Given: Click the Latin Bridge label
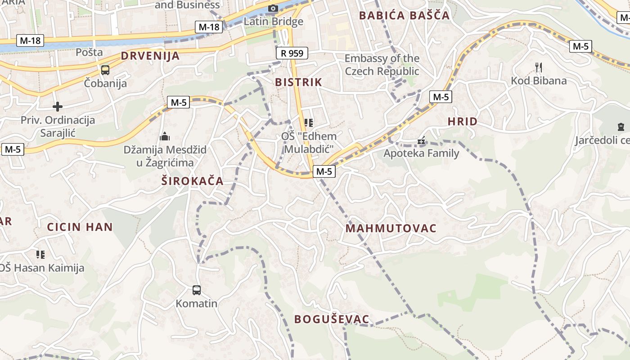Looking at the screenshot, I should pyautogui.click(x=273, y=21).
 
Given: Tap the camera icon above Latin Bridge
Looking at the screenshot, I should pyautogui.click(x=273, y=8).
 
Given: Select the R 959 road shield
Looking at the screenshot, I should pyautogui.click(x=292, y=53).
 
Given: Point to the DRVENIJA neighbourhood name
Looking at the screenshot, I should pyautogui.click(x=150, y=56).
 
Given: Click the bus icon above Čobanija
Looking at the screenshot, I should pyautogui.click(x=105, y=70).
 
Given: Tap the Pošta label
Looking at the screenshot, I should pyautogui.click(x=89, y=52).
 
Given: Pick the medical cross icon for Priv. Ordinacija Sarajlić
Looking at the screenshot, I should pyautogui.click(x=58, y=107).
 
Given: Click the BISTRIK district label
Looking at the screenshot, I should pyautogui.click(x=298, y=82).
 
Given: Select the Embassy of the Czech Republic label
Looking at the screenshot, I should pyautogui.click(x=382, y=65).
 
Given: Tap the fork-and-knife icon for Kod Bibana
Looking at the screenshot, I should pyautogui.click(x=539, y=67).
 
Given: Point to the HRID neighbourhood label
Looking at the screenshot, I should pyautogui.click(x=463, y=121).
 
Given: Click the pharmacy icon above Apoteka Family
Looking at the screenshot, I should pyautogui.click(x=421, y=141).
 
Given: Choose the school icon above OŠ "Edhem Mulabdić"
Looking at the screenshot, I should pyautogui.click(x=308, y=122).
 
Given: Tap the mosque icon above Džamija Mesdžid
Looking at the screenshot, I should pyautogui.click(x=165, y=136).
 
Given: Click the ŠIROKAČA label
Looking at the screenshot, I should pyautogui.click(x=193, y=181).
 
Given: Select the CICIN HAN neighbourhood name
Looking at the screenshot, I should pyautogui.click(x=80, y=227).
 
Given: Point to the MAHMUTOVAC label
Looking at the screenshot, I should pyautogui.click(x=391, y=228).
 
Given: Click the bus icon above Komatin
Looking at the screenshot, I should pyautogui.click(x=197, y=290).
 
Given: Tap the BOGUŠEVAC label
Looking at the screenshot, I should pyautogui.click(x=332, y=319).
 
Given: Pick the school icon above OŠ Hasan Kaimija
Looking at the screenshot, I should pyautogui.click(x=40, y=255).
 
